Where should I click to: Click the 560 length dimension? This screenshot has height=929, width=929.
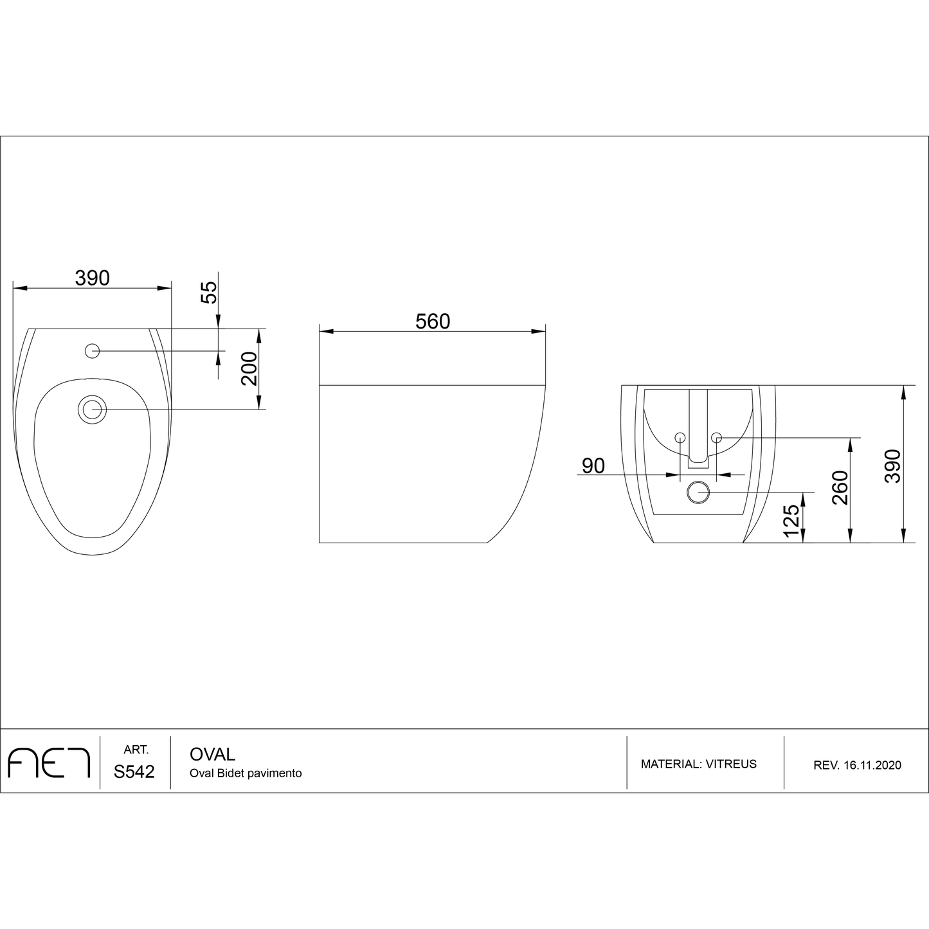coord(432,321)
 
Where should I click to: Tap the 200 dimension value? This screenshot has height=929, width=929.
coord(249,368)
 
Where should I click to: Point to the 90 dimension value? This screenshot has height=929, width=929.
coord(593,465)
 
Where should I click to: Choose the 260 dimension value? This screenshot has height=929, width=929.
coord(840,487)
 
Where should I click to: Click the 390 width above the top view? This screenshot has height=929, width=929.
coord(93,278)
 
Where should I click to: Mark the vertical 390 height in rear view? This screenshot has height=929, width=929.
coord(894,465)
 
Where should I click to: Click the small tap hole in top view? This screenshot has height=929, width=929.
coord(93,350)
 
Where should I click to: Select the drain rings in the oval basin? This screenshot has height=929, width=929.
coord(92,410)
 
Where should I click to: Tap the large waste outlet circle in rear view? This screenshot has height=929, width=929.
coord(698,492)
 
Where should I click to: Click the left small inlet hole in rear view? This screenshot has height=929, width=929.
coord(680,437)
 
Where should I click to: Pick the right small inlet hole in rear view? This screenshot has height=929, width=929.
coord(717,437)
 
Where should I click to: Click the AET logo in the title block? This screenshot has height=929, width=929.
coord(49,763)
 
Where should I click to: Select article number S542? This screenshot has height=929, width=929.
coord(134,772)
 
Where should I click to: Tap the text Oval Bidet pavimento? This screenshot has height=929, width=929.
coord(246,773)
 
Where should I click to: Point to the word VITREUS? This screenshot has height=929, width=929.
coord(731,764)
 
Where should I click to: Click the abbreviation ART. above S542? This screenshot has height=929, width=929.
coord(136,750)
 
